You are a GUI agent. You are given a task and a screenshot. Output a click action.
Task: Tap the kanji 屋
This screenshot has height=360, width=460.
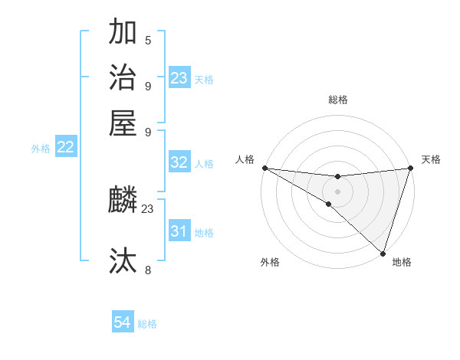(123, 122)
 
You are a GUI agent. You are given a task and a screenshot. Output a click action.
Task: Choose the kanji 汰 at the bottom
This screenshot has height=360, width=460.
(123, 260)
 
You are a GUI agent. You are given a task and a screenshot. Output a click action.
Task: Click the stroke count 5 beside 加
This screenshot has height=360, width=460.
(148, 41)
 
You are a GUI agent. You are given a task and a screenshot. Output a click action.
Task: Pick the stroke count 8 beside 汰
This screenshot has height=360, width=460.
(148, 270)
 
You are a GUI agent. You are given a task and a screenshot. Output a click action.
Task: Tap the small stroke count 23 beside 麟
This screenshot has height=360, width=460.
(148, 208)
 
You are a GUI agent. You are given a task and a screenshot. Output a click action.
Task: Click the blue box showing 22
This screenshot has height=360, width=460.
(65, 148)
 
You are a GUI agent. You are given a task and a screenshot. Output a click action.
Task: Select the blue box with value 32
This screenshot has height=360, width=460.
(179, 162)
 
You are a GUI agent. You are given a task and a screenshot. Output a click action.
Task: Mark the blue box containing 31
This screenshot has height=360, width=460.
(179, 231)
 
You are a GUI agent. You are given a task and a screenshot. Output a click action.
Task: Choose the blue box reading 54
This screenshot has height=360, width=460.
(122, 322)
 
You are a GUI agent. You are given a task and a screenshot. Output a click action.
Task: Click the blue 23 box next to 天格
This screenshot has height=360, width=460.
(179, 78)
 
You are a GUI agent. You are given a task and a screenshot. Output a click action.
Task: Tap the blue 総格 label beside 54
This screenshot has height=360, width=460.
(147, 324)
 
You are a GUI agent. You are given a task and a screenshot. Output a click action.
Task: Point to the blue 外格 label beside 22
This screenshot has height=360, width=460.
(41, 149)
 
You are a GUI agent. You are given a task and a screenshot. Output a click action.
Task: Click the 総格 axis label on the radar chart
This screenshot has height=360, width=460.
(337, 100)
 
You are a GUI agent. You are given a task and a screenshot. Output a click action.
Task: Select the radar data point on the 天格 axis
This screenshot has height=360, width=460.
(410, 168)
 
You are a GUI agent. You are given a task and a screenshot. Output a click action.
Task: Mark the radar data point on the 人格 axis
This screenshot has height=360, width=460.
(264, 168)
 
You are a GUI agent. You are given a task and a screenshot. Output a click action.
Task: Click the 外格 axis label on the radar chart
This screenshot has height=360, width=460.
(270, 263)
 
